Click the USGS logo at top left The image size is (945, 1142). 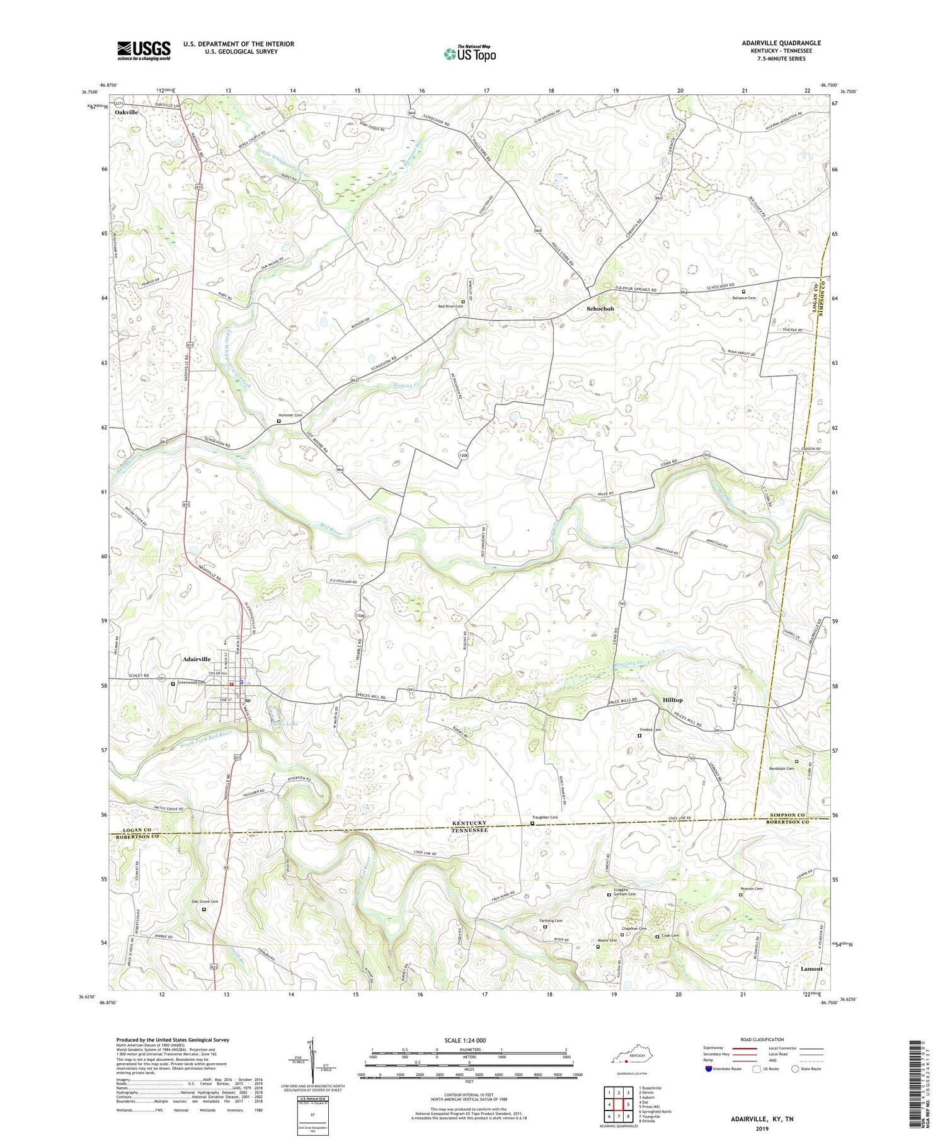coord(144,50)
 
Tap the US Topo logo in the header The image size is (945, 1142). coord(469,54)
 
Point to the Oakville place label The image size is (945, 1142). coord(126,111)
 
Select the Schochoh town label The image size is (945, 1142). coord(600,309)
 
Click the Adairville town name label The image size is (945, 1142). coord(197,659)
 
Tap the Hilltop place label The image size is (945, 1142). coord(672,700)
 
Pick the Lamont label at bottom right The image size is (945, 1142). coord(811,969)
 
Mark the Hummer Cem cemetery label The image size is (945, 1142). coord(290,416)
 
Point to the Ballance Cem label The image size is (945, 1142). coord(743,298)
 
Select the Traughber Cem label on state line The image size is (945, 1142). coord(545,818)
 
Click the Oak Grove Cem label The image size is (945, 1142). coord(204,902)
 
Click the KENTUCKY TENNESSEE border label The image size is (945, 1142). coord(470,826)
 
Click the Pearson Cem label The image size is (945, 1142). coord(750,889)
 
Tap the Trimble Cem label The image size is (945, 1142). coord(650,730)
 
